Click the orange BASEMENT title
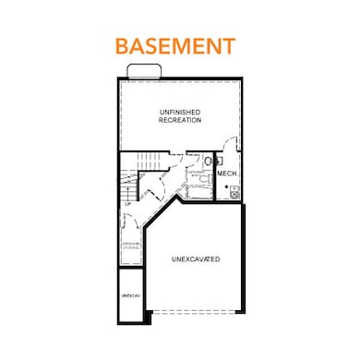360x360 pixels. click(x=174, y=45)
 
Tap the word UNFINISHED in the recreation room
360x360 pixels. click(x=180, y=112)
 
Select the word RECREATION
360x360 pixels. click(x=180, y=120)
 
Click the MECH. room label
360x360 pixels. click(x=227, y=174)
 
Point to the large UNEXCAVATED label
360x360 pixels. click(x=196, y=260)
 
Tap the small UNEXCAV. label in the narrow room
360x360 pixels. click(x=131, y=295)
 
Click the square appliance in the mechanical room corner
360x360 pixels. click(x=234, y=192)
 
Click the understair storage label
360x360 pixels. click(x=130, y=246)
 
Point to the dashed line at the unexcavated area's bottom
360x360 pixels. click(x=196, y=309)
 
